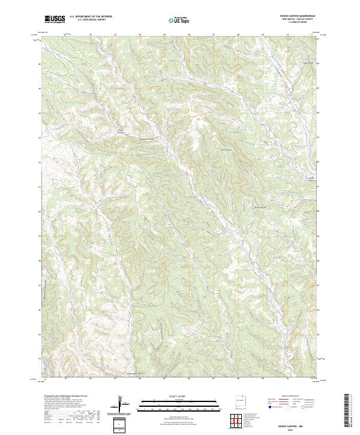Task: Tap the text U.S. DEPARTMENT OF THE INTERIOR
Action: coord(91,17)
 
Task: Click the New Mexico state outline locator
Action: coord(241,400)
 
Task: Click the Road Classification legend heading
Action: coord(289,397)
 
